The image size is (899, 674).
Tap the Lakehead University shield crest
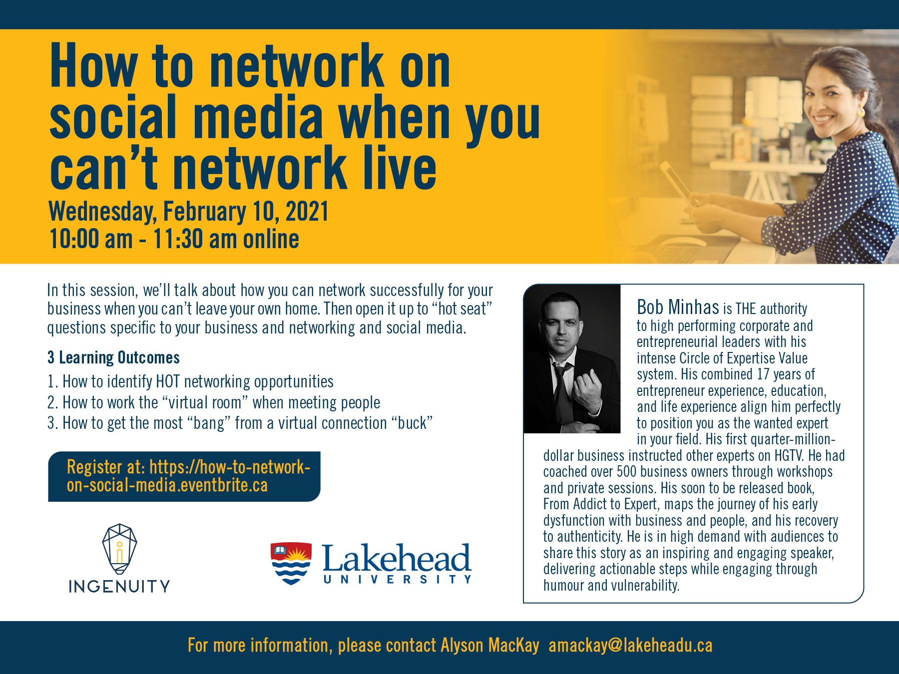coord(291,563)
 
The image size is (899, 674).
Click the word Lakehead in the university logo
coord(397,558)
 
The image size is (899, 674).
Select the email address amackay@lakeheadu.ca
coord(630,646)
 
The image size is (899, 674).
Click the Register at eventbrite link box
coord(184,476)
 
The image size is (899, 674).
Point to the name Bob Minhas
coord(678,307)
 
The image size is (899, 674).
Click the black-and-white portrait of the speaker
coord(572,358)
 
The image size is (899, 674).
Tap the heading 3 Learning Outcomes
coord(113,357)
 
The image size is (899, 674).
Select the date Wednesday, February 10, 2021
coord(188,211)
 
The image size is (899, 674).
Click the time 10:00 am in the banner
coord(91,239)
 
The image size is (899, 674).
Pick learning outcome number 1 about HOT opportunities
coord(190,381)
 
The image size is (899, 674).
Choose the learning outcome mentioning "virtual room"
coord(214,402)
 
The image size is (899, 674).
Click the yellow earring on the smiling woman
coord(861,111)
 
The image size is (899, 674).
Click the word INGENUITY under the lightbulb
coord(119,586)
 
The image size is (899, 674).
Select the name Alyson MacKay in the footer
coord(490,645)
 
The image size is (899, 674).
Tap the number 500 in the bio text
coord(626,472)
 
